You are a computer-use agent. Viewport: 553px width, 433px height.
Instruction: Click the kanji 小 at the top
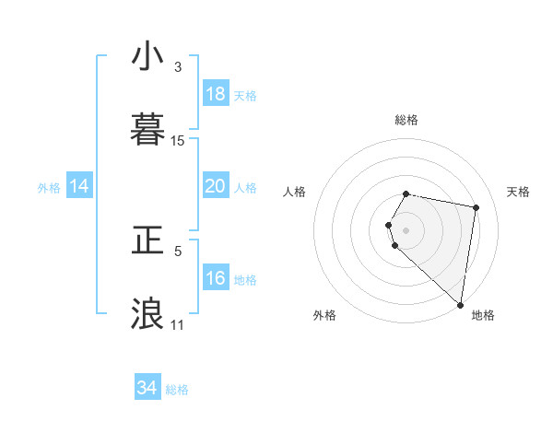(x=147, y=57)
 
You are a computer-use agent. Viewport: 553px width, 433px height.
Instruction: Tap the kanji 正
(x=147, y=240)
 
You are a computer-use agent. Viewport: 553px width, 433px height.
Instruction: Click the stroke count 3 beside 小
(x=178, y=67)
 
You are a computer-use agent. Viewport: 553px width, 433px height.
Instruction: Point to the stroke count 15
(x=178, y=141)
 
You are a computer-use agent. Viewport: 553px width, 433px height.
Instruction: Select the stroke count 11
(x=178, y=325)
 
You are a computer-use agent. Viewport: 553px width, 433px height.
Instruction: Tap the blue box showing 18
(x=216, y=94)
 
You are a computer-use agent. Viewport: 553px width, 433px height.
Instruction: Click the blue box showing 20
(x=216, y=186)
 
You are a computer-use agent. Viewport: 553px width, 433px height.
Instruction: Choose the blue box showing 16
(x=216, y=278)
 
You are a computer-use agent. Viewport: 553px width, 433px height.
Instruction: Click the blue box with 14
(x=79, y=186)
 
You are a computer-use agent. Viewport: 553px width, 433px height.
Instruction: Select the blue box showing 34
(x=147, y=388)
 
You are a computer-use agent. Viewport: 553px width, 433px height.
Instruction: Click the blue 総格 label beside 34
(x=177, y=390)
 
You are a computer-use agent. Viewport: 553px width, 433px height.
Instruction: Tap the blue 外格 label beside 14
(x=49, y=188)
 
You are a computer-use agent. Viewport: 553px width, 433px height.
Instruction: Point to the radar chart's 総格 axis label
(x=406, y=120)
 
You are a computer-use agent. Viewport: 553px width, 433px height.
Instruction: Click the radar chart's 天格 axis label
(x=519, y=192)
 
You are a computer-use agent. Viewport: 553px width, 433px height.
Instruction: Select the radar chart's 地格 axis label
(x=483, y=315)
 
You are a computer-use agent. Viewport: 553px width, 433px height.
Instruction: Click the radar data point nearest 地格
(x=460, y=304)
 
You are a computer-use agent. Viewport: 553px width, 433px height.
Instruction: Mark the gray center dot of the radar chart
(x=406, y=229)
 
